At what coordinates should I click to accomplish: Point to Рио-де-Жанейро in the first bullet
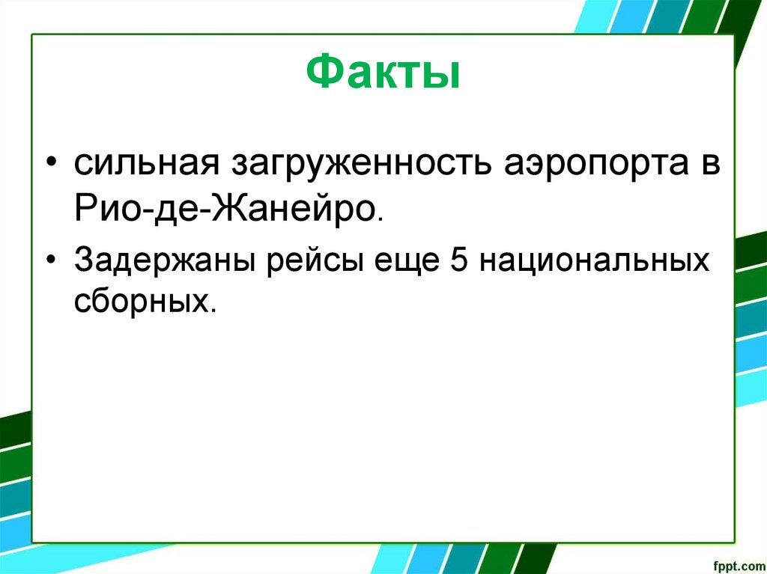point(225,207)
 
